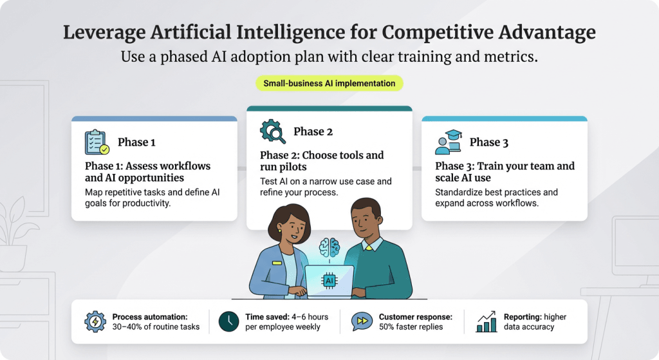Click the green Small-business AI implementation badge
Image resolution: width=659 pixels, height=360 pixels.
pos(329,83)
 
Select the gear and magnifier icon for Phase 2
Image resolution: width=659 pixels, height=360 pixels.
pos(273,131)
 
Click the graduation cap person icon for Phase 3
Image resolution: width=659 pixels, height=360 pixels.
pos(449,142)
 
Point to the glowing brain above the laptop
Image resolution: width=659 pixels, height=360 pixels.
pos(329,247)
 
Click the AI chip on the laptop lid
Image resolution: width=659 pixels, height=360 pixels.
pos(329,281)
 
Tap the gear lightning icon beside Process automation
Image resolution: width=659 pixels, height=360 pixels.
pos(95,321)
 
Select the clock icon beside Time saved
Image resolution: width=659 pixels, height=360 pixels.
pos(228,321)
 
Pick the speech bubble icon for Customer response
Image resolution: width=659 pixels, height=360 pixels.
pos(362,321)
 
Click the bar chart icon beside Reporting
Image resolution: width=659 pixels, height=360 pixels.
pos(486,321)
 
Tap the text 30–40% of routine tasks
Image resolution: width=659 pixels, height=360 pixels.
pos(156,327)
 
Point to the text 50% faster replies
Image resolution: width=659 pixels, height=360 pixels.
pos(411,327)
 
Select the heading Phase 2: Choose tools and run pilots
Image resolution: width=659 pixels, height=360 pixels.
pos(322,161)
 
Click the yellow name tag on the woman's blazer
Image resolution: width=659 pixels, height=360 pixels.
pos(277,262)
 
